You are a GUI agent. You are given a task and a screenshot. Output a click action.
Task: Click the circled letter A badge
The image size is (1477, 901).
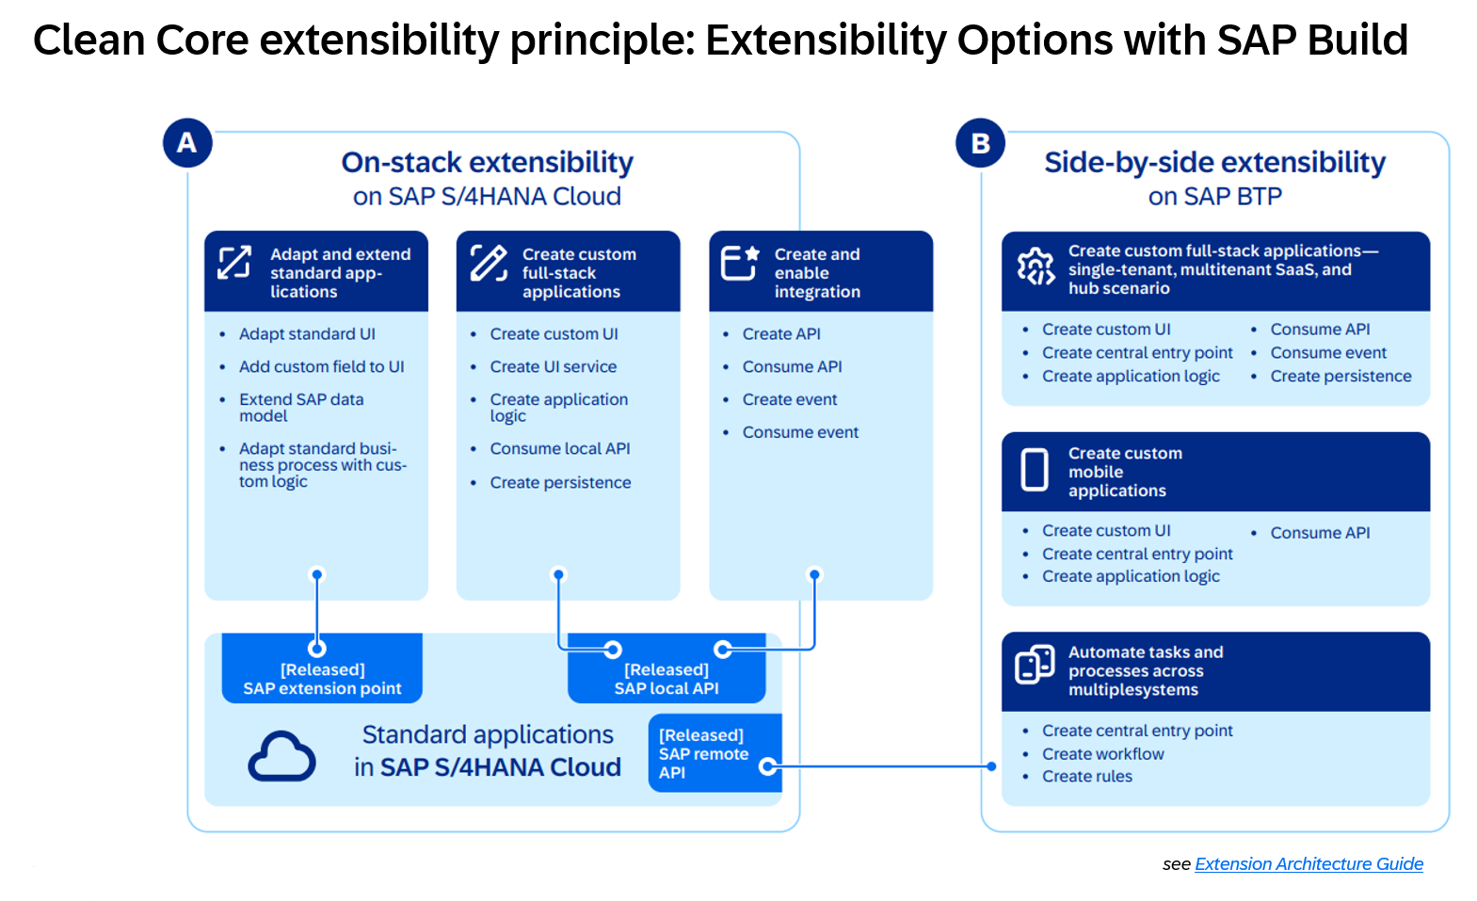[x=187, y=142]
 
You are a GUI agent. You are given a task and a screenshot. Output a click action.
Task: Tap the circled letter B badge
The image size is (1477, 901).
[x=980, y=142]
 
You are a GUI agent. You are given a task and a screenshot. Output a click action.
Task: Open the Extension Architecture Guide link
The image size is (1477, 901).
[x=1308, y=864]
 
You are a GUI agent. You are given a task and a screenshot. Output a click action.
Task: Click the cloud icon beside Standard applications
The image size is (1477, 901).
[x=281, y=756]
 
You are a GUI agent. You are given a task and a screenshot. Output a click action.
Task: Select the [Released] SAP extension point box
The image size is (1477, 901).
[x=322, y=668]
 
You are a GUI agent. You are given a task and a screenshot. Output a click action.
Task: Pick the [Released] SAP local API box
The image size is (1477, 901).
[x=666, y=668]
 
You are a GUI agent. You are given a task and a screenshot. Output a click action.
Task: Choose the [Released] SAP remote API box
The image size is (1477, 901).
[x=714, y=753]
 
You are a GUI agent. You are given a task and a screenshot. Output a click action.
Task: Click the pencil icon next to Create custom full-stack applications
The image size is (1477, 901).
[x=489, y=264]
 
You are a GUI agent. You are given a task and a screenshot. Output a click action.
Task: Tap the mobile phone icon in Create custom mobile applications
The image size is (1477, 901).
[x=1035, y=471]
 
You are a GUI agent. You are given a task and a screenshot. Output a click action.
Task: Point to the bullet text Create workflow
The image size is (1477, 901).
[x=1102, y=754]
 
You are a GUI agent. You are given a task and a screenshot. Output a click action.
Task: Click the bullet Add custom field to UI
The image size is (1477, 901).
[x=321, y=367]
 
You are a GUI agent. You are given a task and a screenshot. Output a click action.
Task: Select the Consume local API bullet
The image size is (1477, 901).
[x=560, y=448]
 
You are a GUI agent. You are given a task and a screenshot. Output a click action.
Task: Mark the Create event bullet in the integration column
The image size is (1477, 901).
[x=789, y=400]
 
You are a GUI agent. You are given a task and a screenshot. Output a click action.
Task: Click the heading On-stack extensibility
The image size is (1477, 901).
[x=488, y=162]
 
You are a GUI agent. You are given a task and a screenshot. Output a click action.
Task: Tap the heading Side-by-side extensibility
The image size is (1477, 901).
[x=1215, y=162]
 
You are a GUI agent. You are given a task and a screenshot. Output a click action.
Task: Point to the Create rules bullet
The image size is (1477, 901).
[x=1086, y=777]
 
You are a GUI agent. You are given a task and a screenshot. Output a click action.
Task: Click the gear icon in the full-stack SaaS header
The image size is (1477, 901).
[x=1036, y=266]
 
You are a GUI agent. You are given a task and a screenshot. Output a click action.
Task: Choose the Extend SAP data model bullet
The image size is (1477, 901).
[x=301, y=408]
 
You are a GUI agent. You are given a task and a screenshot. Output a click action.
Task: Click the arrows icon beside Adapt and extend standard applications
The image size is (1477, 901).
[x=234, y=263]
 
